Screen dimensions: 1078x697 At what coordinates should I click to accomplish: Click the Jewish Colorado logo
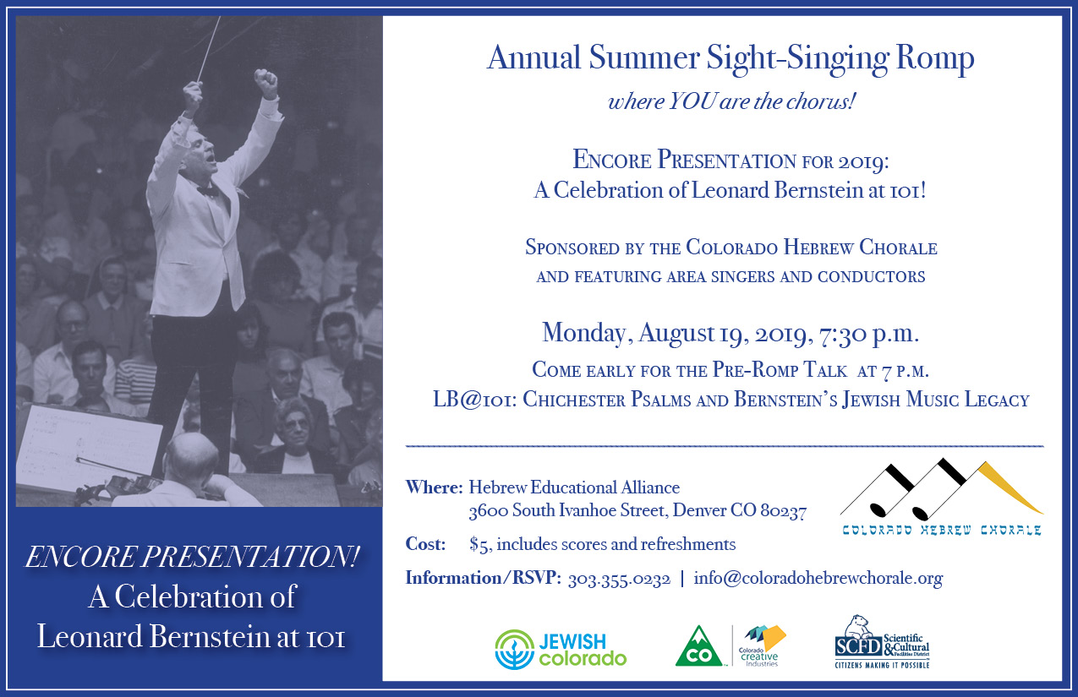pyautogui.click(x=561, y=650)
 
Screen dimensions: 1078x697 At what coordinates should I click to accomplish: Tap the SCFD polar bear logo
pyautogui.click(x=882, y=642)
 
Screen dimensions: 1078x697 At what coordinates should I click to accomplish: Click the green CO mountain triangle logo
pyautogui.click(x=698, y=646)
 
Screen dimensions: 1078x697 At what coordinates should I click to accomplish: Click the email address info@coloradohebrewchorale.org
pyautogui.click(x=818, y=578)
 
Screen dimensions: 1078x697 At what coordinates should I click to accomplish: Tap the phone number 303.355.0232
pyautogui.click(x=619, y=578)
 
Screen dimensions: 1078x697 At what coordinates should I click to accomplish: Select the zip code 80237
pyautogui.click(x=784, y=511)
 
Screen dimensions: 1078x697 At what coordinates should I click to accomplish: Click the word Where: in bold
pyautogui.click(x=434, y=487)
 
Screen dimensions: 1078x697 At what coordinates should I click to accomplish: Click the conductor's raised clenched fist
pyautogui.click(x=265, y=82)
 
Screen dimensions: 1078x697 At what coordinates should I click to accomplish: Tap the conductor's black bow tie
pyautogui.click(x=208, y=191)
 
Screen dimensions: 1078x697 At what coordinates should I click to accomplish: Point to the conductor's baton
pyautogui.click(x=208, y=49)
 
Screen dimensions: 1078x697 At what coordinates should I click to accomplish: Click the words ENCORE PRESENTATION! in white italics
pyautogui.click(x=192, y=557)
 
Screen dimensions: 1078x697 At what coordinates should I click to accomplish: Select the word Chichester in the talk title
pyautogui.click(x=573, y=400)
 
